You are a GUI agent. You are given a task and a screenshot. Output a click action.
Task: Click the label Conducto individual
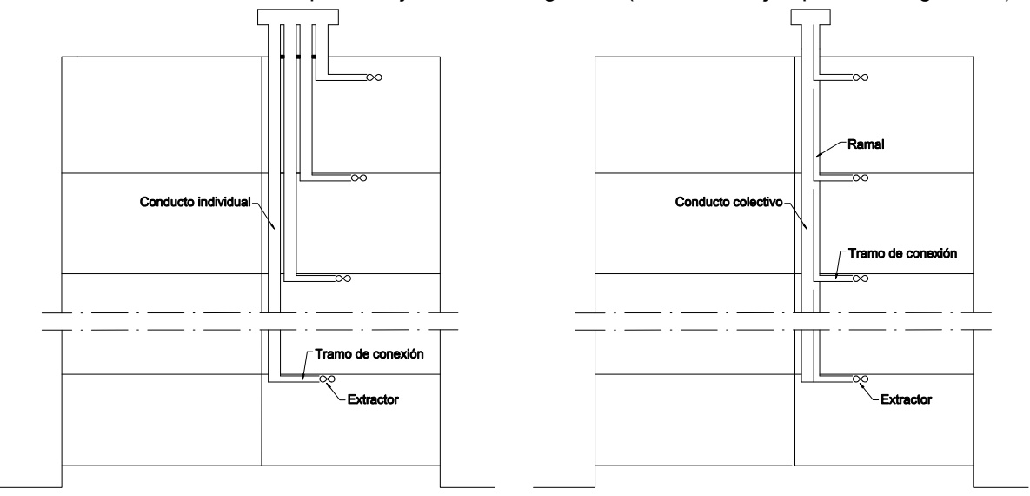click(195, 202)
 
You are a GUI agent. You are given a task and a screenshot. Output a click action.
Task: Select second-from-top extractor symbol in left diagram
click(359, 178)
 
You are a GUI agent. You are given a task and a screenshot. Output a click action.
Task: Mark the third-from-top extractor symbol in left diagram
click(342, 278)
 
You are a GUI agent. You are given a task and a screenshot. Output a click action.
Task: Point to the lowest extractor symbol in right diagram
click(860, 379)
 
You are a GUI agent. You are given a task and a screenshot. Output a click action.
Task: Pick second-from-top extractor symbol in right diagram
click(860, 178)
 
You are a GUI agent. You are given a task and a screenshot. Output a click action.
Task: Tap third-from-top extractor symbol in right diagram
click(860, 278)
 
